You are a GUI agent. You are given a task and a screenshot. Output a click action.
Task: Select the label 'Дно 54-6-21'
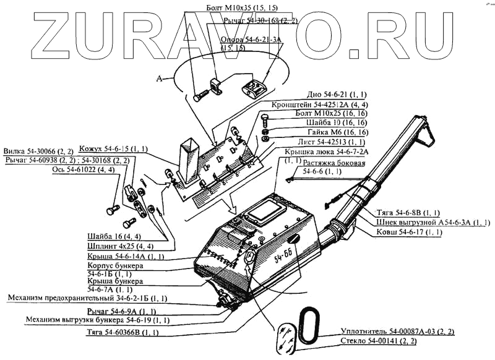pyautogui.click(x=336, y=95)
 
